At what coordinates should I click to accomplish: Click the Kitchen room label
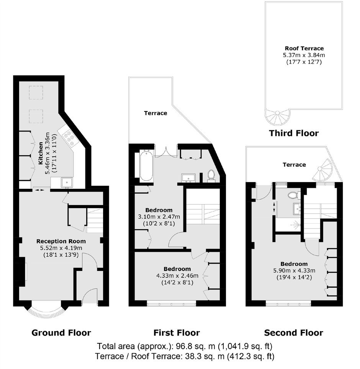tap(41, 153)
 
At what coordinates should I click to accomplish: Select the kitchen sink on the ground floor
tap(67, 182)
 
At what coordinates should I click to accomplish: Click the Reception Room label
tap(61, 241)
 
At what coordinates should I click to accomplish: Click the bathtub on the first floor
tap(146, 166)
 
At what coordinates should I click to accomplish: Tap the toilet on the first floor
tap(211, 176)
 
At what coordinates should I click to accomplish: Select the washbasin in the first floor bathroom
tap(188, 178)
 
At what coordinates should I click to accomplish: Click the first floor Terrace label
tap(155, 113)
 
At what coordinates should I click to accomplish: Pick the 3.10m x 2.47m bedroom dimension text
tap(159, 216)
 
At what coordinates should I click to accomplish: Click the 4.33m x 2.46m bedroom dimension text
tap(177, 276)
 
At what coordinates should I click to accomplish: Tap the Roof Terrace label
tap(304, 48)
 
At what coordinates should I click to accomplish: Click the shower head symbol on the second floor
tap(295, 225)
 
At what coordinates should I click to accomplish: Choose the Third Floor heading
tap(294, 133)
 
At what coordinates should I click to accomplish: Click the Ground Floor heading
tap(61, 333)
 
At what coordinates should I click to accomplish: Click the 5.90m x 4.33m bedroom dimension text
tap(294, 271)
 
